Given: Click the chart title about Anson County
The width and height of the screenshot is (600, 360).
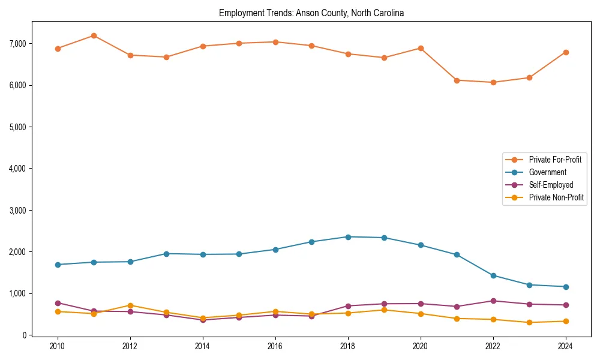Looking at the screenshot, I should (311, 13).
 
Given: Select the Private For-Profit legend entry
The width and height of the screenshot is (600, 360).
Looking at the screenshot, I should (555, 160).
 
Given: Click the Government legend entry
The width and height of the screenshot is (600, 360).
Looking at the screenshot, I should (547, 172).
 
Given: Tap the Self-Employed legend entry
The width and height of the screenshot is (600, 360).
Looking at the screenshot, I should (551, 185).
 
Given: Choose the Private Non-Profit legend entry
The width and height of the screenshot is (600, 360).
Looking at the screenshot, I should (556, 197).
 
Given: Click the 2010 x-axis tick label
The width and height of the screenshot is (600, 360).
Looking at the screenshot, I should (58, 346).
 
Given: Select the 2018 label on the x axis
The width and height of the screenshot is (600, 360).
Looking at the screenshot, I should (348, 346).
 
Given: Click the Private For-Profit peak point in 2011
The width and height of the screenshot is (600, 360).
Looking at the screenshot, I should (94, 35).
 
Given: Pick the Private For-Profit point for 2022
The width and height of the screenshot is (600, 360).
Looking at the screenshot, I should (493, 82).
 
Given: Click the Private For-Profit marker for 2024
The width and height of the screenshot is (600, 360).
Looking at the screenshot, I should (566, 52).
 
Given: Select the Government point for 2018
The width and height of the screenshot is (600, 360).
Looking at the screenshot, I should (348, 237).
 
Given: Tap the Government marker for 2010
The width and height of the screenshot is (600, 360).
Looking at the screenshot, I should (58, 265).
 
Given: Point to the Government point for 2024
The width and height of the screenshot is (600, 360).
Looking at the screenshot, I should (566, 287).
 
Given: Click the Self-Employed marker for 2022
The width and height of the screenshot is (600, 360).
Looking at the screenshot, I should (493, 301).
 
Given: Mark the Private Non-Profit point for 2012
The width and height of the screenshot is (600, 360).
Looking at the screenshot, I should (130, 305).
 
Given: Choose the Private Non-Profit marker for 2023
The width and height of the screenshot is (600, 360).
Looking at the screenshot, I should (529, 322).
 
